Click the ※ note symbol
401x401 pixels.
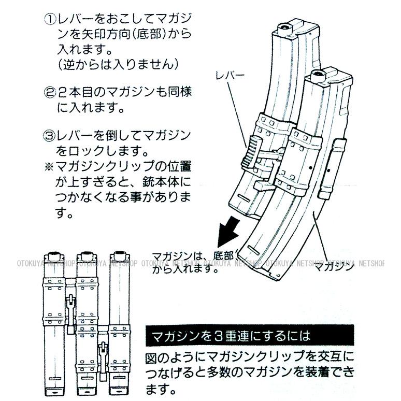tap(49, 167)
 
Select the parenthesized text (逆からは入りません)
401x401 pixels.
tap(118, 64)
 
